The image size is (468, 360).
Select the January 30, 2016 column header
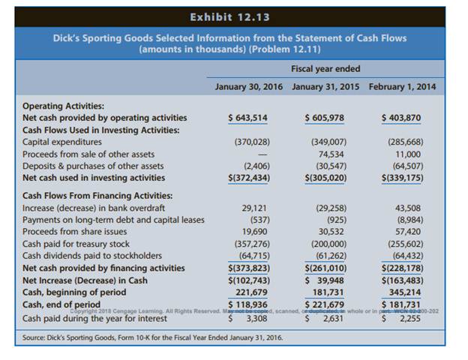tap(248, 86)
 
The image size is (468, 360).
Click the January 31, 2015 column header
tap(325, 86)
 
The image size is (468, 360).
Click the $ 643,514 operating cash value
tap(247, 118)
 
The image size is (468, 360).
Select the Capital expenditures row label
tap(62, 142)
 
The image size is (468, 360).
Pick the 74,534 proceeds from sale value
tap(331, 154)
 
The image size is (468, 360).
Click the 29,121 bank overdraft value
tap(256, 208)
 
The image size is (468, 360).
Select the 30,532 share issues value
tap(331, 232)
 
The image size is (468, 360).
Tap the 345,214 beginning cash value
tap(408, 292)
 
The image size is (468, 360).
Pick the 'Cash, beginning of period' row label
tap(73, 292)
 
